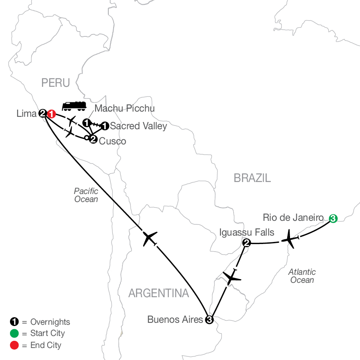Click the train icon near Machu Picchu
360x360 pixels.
click(74, 106)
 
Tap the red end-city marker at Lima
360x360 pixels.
click(51, 114)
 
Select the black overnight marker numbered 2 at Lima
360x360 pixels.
click(42, 114)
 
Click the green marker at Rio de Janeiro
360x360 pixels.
click(333, 218)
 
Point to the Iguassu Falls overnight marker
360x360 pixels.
click(246, 242)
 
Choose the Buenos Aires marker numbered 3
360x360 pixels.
click(209, 319)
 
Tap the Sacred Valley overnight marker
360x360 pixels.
click(104, 126)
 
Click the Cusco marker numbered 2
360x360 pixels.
click(93, 139)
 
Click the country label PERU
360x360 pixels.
click(56, 83)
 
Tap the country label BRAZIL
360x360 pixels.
click(252, 178)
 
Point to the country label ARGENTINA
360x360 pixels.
click(158, 294)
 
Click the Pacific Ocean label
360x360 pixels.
click(86, 195)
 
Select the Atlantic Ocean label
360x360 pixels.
click(302, 276)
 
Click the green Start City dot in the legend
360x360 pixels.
click(14, 333)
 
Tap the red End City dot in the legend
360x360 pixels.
click(14, 345)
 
